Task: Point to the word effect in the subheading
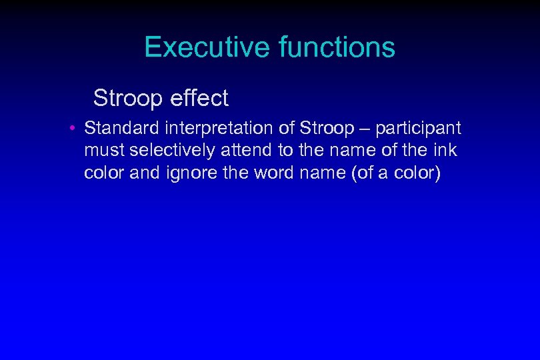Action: [x=199, y=99]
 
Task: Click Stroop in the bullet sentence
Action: [x=327, y=127]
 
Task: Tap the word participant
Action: [x=417, y=128]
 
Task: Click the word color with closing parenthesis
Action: [x=419, y=173]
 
